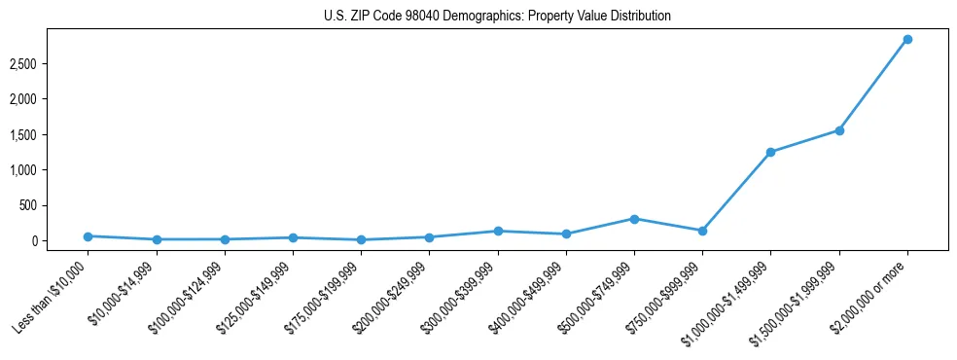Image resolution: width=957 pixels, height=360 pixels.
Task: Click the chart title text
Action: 497,17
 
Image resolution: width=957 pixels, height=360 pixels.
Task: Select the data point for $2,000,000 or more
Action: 906,40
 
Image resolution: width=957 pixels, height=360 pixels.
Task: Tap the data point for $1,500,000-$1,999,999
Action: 838,130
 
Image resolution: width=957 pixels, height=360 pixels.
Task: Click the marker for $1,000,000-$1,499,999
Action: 770,152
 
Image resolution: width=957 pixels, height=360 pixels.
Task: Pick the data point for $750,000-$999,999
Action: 702,231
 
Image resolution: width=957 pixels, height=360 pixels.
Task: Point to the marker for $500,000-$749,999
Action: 634,219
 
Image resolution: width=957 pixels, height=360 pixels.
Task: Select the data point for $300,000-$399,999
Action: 498,231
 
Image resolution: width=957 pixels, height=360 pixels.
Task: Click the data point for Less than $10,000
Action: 89,236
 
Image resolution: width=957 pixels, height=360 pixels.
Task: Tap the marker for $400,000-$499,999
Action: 566,234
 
